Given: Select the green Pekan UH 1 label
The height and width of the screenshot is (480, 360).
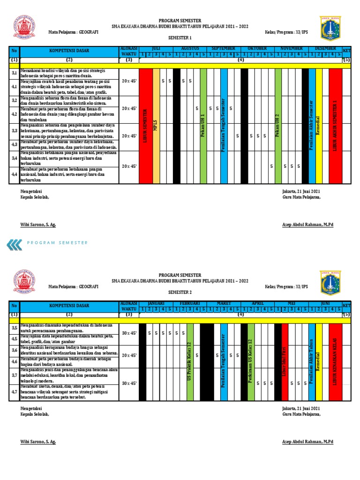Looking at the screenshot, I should [203, 125].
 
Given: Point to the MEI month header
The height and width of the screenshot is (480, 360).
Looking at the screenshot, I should [291, 303].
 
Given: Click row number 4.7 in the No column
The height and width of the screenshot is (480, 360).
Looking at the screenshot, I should [14, 391].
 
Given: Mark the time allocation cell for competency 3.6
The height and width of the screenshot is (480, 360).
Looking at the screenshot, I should [129, 356].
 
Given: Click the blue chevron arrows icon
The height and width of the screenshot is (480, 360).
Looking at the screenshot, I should [14, 243].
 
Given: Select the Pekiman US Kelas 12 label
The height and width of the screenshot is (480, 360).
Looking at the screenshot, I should [251, 360].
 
